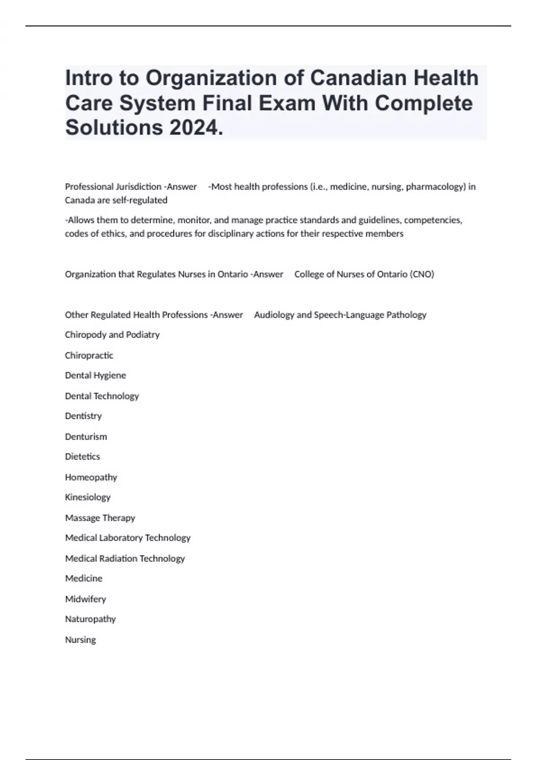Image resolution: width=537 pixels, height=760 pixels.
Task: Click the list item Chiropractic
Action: pyautogui.click(x=89, y=355)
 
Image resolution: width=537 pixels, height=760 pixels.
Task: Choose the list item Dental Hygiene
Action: pyautogui.click(x=95, y=376)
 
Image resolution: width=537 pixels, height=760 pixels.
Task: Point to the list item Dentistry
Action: pyautogui.click(x=83, y=416)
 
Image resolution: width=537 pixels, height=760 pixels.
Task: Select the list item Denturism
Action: pyautogui.click(x=86, y=436)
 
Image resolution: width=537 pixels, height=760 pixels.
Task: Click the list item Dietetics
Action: pyautogui.click(x=82, y=456)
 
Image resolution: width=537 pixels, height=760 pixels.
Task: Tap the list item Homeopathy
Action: pyautogui.click(x=91, y=477)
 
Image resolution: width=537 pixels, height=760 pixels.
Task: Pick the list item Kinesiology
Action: pyautogui.click(x=88, y=497)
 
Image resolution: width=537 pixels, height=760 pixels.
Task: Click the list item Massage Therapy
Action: pyautogui.click(x=100, y=518)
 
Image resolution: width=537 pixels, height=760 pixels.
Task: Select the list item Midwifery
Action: pyautogui.click(x=85, y=599)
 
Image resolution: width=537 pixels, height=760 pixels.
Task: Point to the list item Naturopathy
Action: pyautogui.click(x=90, y=619)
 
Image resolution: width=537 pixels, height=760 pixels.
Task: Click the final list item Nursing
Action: pyautogui.click(x=81, y=640)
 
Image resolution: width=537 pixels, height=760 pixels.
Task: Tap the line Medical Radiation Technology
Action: pyautogui.click(x=125, y=558)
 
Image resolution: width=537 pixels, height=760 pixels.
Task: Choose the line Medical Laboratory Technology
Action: pyautogui.click(x=128, y=538)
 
